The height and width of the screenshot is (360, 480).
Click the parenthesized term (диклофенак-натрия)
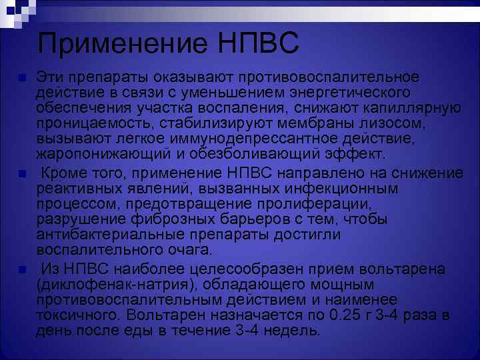(109, 284)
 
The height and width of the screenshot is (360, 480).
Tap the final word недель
(291, 331)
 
